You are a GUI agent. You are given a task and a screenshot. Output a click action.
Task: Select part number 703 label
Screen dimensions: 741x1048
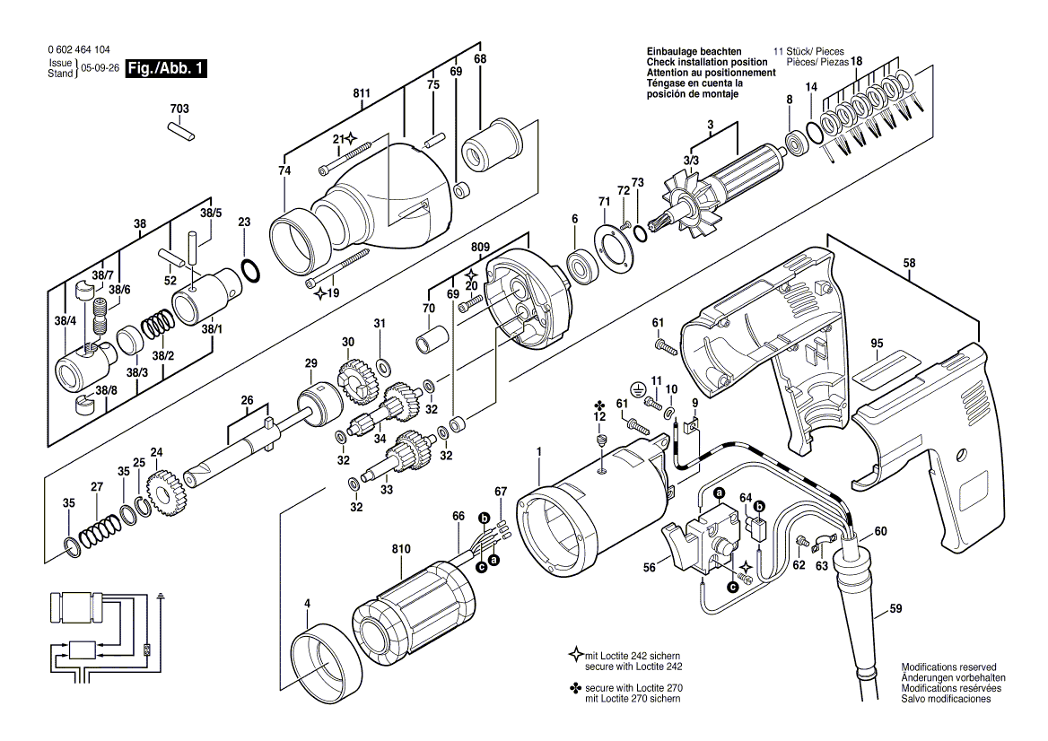pos(179,109)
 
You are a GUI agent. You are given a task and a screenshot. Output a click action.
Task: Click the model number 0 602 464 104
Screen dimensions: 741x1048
pos(80,50)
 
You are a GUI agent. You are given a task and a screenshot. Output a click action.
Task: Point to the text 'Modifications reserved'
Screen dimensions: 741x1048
pos(948,668)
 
